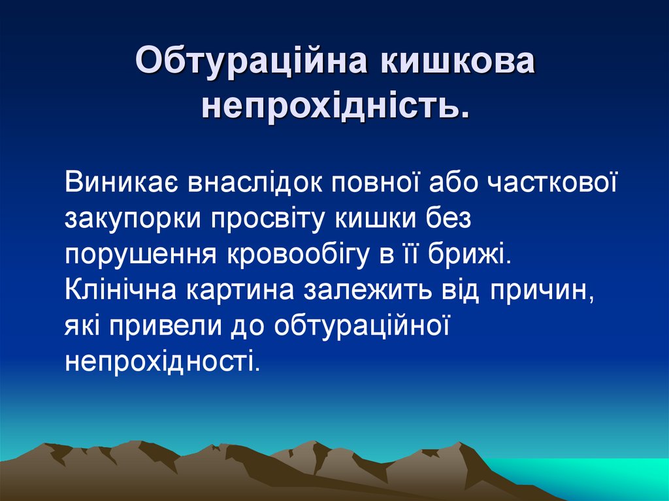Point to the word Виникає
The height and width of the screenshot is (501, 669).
click(122, 184)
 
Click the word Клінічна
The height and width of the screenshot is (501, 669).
click(122, 290)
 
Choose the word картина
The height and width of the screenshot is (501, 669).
click(240, 290)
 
